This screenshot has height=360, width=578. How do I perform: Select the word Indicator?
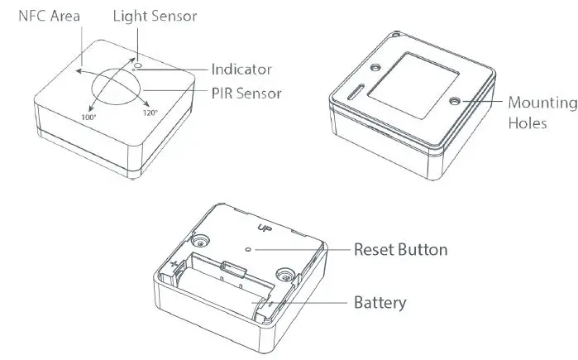(x=241, y=70)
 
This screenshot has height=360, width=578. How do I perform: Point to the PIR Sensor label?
(x=246, y=94)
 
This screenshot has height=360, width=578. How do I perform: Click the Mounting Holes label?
(x=542, y=113)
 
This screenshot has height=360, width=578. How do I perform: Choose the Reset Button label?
(x=401, y=249)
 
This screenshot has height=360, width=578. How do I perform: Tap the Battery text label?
(x=380, y=302)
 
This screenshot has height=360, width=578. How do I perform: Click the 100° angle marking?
(x=89, y=119)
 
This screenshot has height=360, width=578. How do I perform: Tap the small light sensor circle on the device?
(x=138, y=62)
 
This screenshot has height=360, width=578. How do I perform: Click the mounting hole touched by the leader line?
(x=455, y=101)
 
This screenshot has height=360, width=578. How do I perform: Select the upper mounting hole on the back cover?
(x=376, y=66)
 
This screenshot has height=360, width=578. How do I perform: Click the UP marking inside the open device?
(x=265, y=228)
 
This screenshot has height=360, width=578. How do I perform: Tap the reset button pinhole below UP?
(x=250, y=247)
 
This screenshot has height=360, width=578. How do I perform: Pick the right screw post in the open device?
(x=285, y=275)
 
